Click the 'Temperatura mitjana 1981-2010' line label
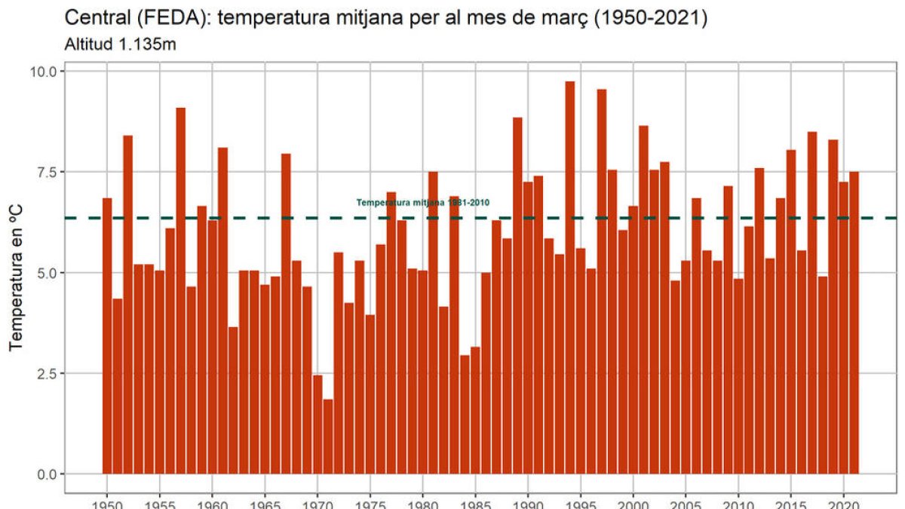(x=423, y=203)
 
